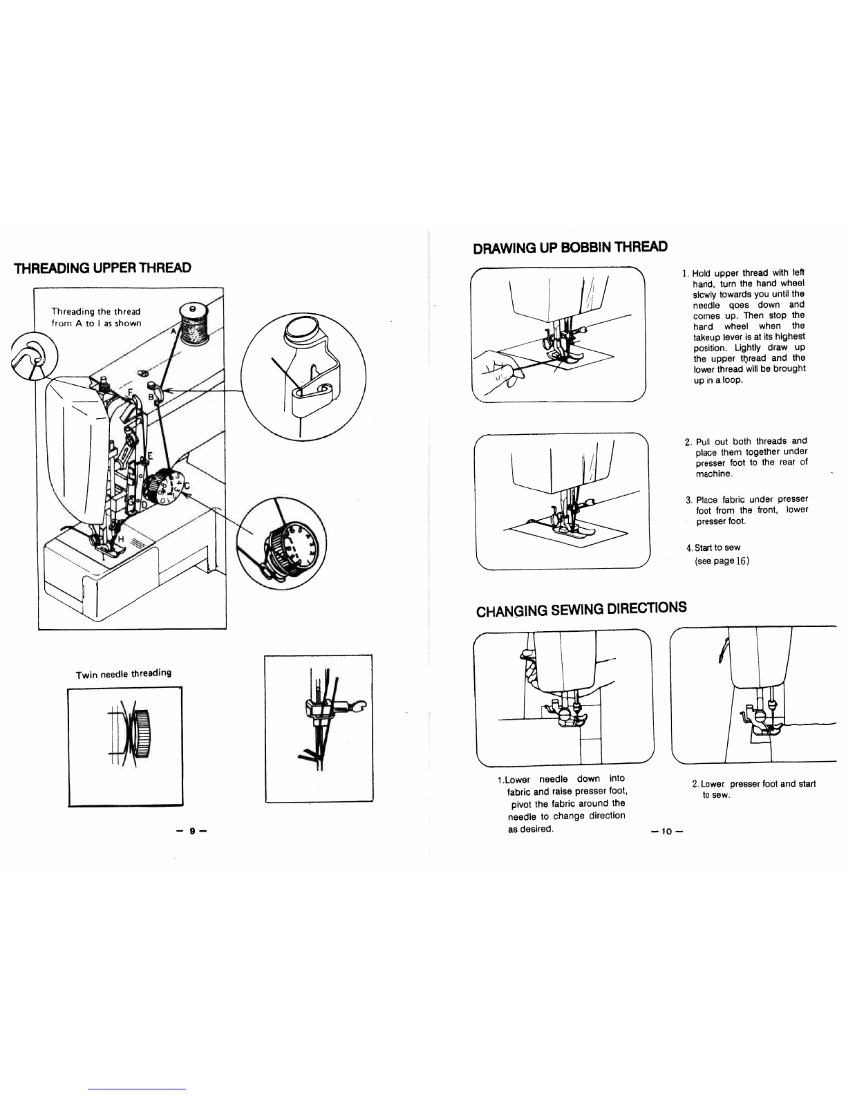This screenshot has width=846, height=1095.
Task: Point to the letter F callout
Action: coord(129,392)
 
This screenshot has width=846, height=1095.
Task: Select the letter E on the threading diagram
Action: coord(150,456)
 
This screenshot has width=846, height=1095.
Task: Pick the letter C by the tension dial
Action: coord(187,487)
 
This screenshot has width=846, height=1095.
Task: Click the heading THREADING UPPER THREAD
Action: coord(102,268)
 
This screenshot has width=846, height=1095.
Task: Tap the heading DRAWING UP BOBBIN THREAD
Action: coord(570,247)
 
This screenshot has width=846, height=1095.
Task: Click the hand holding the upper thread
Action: coord(499,373)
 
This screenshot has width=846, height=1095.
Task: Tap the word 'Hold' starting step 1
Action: coord(702,272)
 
